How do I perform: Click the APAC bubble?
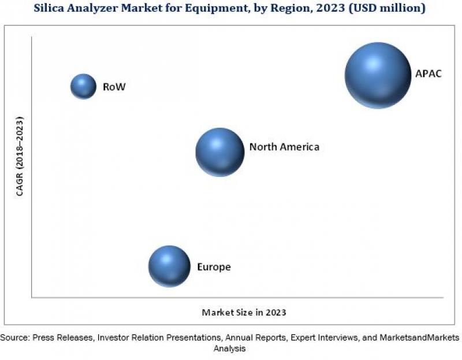tap(378, 75)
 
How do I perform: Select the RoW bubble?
tap(83, 87)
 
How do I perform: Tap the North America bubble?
tap(219, 152)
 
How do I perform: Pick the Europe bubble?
tap(169, 266)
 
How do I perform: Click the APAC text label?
tap(428, 74)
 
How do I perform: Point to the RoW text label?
tap(114, 87)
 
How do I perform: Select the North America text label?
tap(284, 147)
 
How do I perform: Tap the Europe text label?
tap(214, 267)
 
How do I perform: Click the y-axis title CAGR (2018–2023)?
tap(20, 157)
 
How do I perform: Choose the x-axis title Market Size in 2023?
tap(244, 312)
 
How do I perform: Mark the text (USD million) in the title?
tap(378, 8)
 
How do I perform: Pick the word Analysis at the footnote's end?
tap(230, 348)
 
